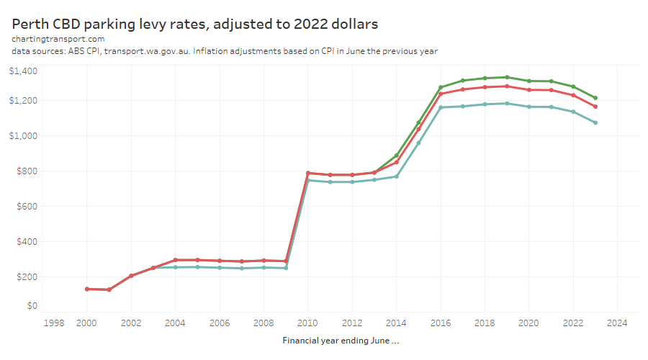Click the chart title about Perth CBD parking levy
coord(195,24)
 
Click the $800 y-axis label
coord(27,171)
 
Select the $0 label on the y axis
coord(32,306)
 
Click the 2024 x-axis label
coord(617,323)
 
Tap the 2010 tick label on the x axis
coord(307,323)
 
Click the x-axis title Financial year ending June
coord(341,340)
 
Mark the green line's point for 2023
coord(595,98)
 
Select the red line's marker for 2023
coord(595,107)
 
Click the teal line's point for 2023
coord(595,122)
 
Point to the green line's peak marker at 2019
coord(507,77)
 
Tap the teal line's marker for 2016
coord(441,107)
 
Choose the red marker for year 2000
coord(86,289)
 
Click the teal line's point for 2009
coord(286,268)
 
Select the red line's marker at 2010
coord(307,173)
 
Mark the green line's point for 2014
coord(396,156)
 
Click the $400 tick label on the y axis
coord(27,241)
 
